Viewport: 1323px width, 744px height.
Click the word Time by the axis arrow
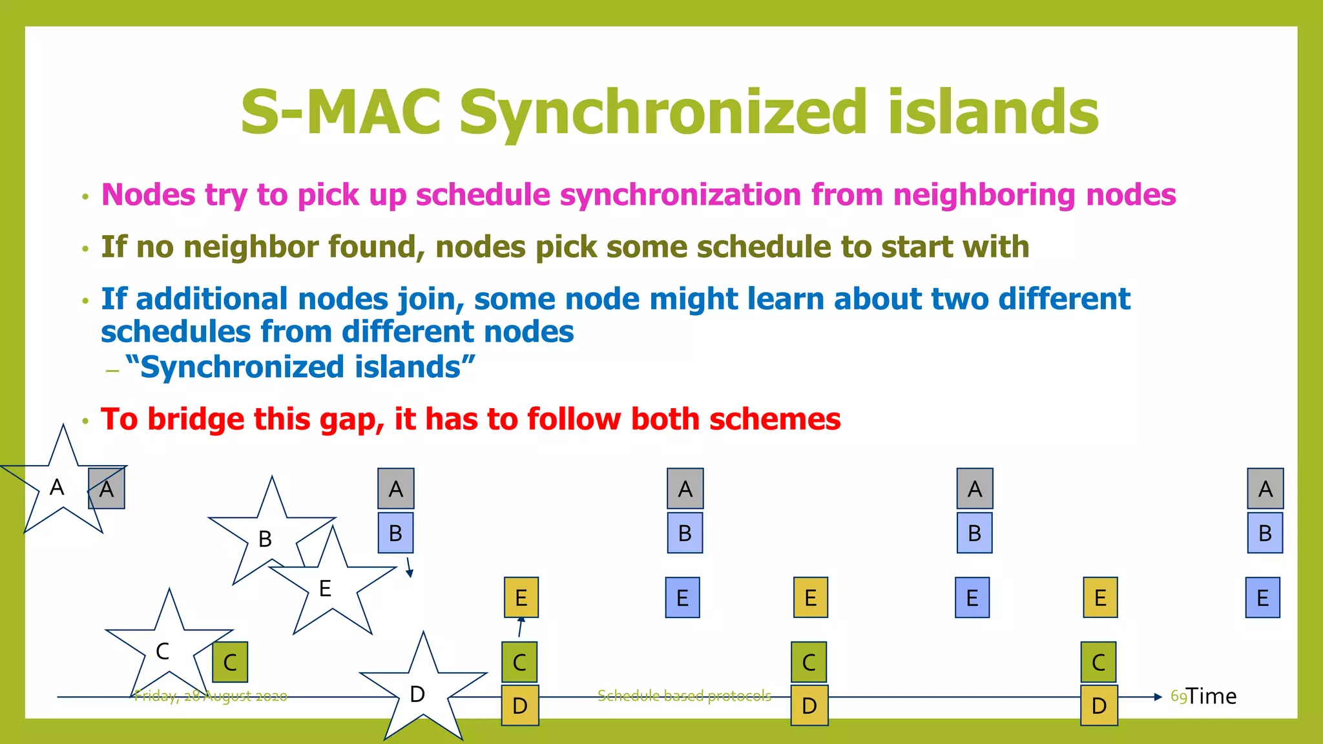1211,696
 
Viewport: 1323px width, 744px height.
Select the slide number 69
1178,696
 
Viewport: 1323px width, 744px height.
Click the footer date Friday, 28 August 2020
211,696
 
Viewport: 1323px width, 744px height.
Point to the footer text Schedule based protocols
684,696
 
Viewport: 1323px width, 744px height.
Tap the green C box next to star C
230,662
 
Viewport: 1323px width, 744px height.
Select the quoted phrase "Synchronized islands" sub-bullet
300,367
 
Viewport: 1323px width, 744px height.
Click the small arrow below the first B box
409,568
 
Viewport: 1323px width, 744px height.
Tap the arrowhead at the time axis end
1158,697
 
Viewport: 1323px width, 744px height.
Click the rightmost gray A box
1265,489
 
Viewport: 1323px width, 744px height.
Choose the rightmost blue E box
1262,598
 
